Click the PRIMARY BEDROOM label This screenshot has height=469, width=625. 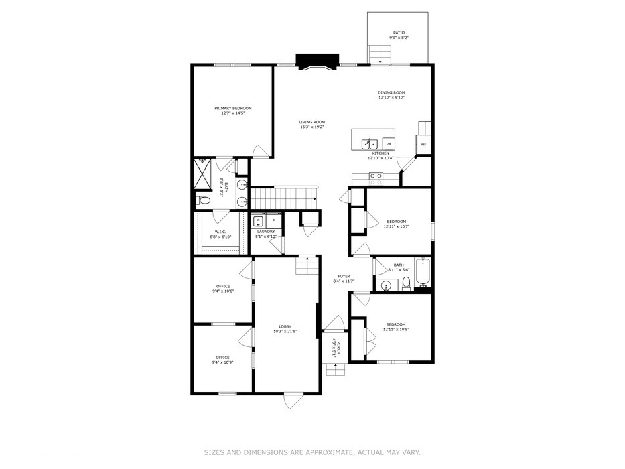[x=233, y=108]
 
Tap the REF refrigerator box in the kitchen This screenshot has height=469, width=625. [x=423, y=144]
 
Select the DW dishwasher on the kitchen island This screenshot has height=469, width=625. [x=388, y=143]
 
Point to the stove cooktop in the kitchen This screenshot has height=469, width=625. [x=376, y=178]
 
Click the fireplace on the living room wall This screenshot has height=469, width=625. [x=314, y=62]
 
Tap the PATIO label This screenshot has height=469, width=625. [x=399, y=32]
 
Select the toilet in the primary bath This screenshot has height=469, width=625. [x=204, y=200]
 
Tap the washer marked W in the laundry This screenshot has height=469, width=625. [x=259, y=220]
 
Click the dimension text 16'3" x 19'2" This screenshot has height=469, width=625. [x=312, y=127]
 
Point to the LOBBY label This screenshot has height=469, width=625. [x=285, y=326]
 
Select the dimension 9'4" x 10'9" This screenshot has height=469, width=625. [x=222, y=362]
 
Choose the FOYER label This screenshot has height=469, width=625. [x=344, y=276]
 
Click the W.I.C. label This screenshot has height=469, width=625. [x=220, y=232]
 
